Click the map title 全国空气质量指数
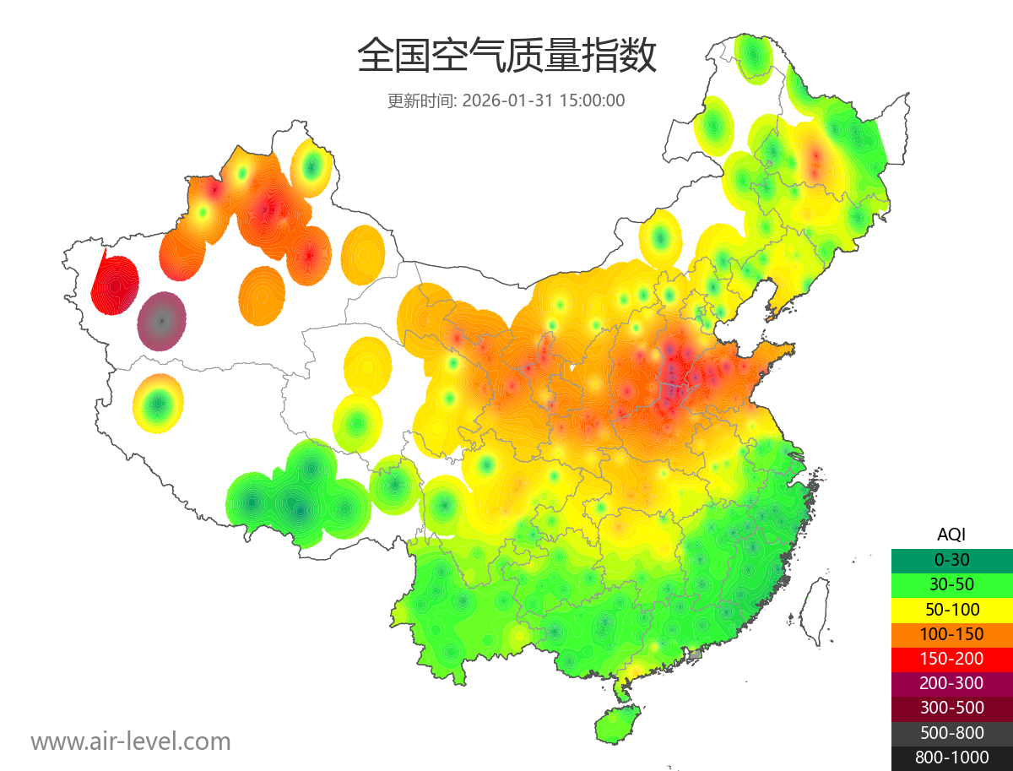[x=506, y=57]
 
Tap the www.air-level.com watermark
[x=131, y=741]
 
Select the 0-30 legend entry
[x=951, y=560]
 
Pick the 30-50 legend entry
[x=951, y=584]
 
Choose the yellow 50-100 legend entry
[x=951, y=609]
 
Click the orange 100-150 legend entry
[x=951, y=634]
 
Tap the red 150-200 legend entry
[x=951, y=659]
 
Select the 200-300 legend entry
[x=951, y=683]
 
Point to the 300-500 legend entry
[x=951, y=709]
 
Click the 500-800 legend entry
[x=951, y=733]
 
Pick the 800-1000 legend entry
[x=951, y=757]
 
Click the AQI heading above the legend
[x=951, y=535]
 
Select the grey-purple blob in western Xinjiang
[x=162, y=321]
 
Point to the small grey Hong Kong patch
[x=696, y=654]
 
